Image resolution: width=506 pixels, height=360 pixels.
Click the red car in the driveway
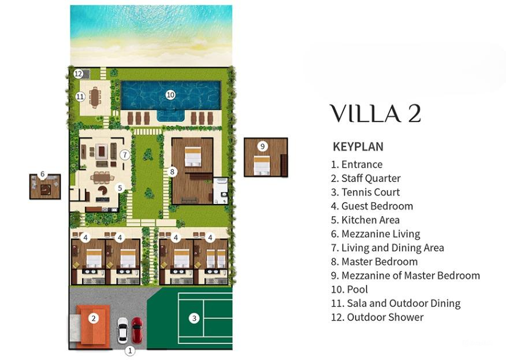tap(137, 330)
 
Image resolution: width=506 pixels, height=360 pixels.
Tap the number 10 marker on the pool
tap(170, 95)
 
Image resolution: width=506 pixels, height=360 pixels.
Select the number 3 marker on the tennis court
tap(195, 317)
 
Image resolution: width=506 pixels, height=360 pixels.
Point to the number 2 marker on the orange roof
tap(94, 318)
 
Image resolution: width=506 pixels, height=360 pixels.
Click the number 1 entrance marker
tap(130, 350)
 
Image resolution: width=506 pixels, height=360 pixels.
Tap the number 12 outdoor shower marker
tap(79, 73)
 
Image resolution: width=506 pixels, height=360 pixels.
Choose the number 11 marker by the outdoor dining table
tap(80, 97)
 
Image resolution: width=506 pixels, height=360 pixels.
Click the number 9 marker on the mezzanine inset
tap(262, 146)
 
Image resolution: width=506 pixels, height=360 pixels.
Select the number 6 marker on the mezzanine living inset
tap(42, 174)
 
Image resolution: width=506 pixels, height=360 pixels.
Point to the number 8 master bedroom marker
tap(172, 171)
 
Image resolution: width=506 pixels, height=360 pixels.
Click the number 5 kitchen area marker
tap(120, 187)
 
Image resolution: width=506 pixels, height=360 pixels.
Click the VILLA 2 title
tap(375, 114)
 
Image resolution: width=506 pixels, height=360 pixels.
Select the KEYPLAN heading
tap(358, 147)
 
